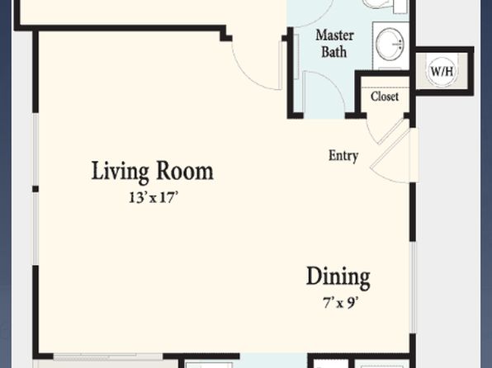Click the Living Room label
(152, 172)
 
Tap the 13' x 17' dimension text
(154, 198)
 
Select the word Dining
(338, 277)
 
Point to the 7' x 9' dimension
(341, 303)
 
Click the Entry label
(343, 156)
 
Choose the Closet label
(385, 97)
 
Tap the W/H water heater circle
(442, 71)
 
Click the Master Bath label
(334, 44)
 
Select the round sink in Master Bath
(390, 45)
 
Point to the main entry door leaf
(390, 149)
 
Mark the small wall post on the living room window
(35, 189)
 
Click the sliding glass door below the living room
(107, 356)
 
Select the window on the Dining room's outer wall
(414, 287)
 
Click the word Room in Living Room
(185, 171)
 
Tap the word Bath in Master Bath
(334, 52)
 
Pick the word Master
(335, 35)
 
